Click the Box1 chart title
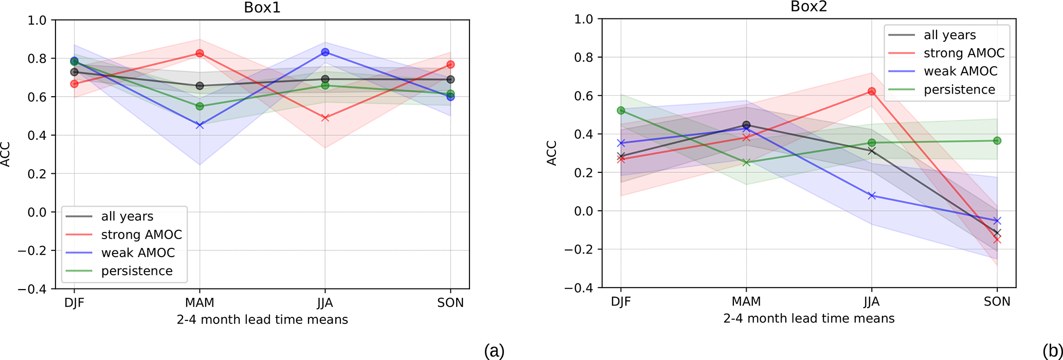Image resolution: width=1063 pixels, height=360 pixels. click(262, 8)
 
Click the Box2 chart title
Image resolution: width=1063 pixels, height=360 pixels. click(809, 7)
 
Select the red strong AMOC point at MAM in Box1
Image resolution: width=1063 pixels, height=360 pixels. click(200, 53)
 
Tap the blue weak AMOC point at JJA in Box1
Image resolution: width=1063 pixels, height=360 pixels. click(325, 52)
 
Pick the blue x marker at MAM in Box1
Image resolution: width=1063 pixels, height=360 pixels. click(200, 125)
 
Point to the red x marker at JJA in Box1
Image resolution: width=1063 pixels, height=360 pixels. click(325, 118)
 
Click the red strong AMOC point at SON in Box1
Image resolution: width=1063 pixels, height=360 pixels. click(451, 64)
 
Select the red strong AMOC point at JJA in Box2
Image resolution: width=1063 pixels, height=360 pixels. click(872, 92)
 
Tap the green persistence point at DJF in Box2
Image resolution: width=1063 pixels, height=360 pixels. click(621, 111)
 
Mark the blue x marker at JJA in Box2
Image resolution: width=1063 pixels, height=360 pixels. click(872, 196)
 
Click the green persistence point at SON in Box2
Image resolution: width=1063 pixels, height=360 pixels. click(997, 140)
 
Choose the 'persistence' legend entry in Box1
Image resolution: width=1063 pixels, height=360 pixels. click(137, 271)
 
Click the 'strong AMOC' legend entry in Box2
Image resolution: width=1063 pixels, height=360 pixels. click(964, 53)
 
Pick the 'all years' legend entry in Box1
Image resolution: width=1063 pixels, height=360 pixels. click(127, 217)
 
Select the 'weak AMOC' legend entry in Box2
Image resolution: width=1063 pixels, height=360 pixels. click(960, 71)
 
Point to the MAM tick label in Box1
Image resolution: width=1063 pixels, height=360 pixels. click(200, 303)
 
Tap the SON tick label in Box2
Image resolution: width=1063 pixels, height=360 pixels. click(997, 302)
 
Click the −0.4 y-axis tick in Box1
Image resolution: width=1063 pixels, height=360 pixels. click(32, 289)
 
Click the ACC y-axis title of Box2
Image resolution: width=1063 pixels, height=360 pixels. click(552, 153)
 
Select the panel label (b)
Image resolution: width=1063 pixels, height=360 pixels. click(1052, 351)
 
